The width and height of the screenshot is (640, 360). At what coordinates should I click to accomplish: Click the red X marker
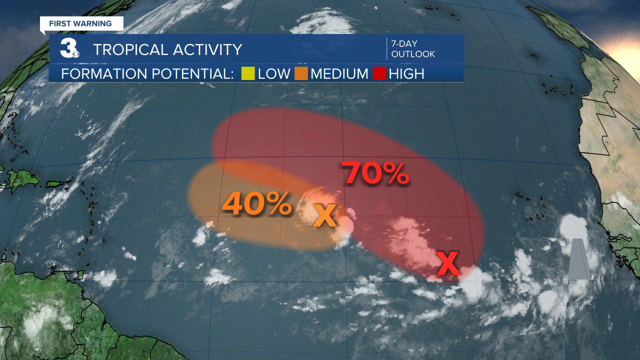pyautogui.click(x=448, y=264)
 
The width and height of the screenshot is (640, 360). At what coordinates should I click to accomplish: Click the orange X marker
pyautogui.click(x=325, y=215)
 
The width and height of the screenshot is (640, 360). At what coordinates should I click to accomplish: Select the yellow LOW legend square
pyautogui.click(x=248, y=74)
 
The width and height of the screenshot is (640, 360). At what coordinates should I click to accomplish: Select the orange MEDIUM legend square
pyautogui.click(x=301, y=74)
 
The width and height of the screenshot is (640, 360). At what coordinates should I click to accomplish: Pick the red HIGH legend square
pyautogui.click(x=379, y=74)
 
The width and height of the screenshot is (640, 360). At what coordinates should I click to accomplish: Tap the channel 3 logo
pyautogui.click(x=69, y=48)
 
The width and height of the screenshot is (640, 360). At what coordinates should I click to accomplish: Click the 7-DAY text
pyautogui.click(x=404, y=44)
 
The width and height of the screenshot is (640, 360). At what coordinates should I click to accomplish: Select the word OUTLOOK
pyautogui.click(x=413, y=54)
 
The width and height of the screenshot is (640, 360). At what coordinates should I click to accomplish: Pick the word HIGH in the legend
pyautogui.click(x=406, y=74)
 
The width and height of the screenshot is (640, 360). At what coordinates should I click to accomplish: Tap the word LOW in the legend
pyautogui.click(x=274, y=74)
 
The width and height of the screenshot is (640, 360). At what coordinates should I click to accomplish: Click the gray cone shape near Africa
pyautogui.click(x=579, y=260)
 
